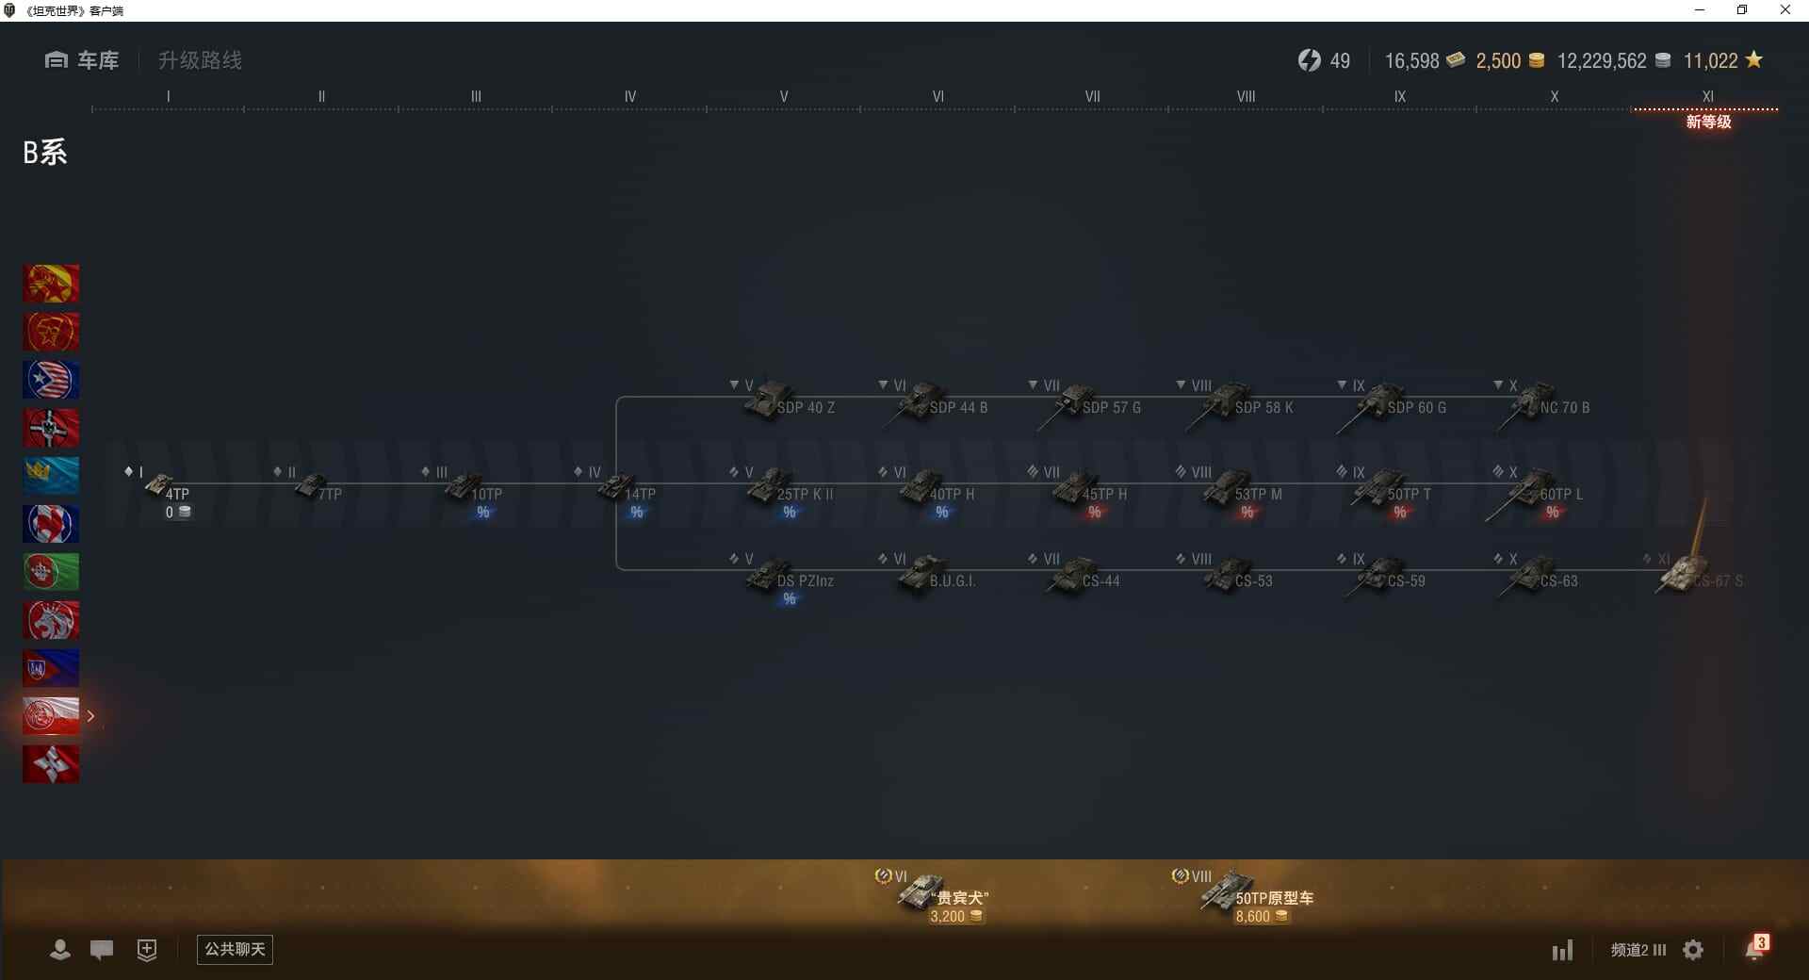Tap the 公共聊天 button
pyautogui.click(x=235, y=949)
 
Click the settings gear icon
pyautogui.click(x=1693, y=950)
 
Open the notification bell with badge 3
pyautogui.click(x=1755, y=948)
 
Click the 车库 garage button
pyautogui.click(x=82, y=60)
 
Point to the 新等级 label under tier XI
pyautogui.click(x=1708, y=122)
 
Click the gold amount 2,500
pyautogui.click(x=1498, y=61)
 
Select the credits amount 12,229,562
pyautogui.click(x=1602, y=61)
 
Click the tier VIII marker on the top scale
pyautogui.click(x=1246, y=97)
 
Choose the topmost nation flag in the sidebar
pyautogui.click(x=51, y=284)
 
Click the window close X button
pyautogui.click(x=1785, y=10)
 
